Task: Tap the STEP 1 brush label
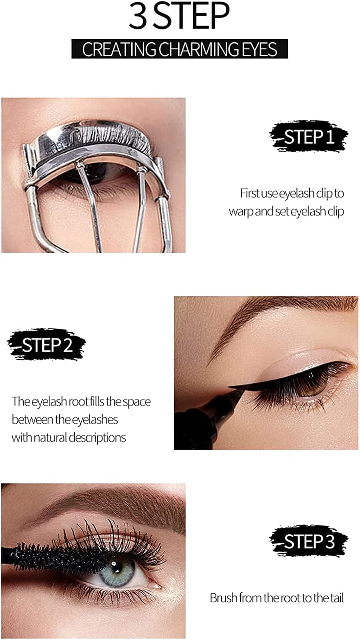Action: pyautogui.click(x=309, y=136)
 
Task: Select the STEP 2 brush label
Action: pyautogui.click(x=47, y=345)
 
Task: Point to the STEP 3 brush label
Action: pyautogui.click(x=309, y=541)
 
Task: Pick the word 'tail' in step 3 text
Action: pyautogui.click(x=337, y=598)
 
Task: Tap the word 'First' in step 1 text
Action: pyautogui.click(x=249, y=194)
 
